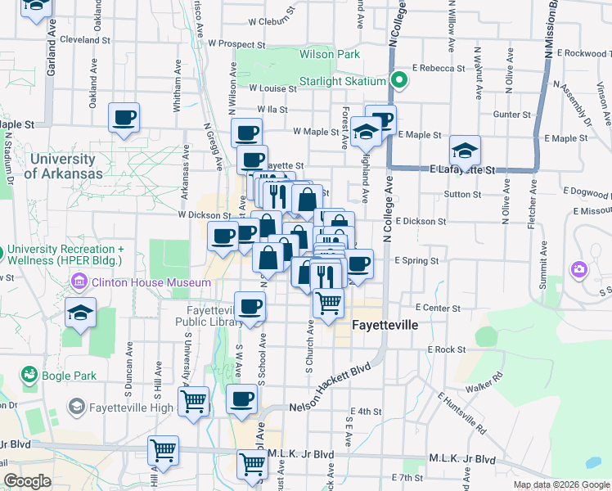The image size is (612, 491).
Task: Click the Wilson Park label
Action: click(x=330, y=55)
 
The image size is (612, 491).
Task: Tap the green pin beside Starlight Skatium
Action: click(x=398, y=81)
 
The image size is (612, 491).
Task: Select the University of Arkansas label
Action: click(x=63, y=166)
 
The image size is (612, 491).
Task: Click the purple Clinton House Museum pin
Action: click(x=80, y=282)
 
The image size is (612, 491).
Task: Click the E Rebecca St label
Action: click(x=439, y=68)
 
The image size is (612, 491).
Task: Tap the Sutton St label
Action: click(x=462, y=195)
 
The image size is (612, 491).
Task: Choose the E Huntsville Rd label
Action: click(x=461, y=412)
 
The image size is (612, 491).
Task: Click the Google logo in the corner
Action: click(x=27, y=481)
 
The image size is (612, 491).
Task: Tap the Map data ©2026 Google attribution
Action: click(x=560, y=484)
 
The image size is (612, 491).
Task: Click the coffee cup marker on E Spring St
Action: click(x=358, y=264)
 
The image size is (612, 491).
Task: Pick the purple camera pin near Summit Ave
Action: click(x=579, y=268)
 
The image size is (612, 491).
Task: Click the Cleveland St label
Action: click(x=79, y=39)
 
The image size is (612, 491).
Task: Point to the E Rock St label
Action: click(x=446, y=349)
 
